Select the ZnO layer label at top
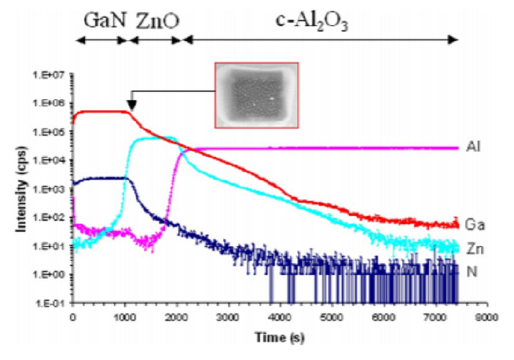pyautogui.click(x=158, y=19)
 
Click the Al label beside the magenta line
pyautogui.click(x=473, y=147)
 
